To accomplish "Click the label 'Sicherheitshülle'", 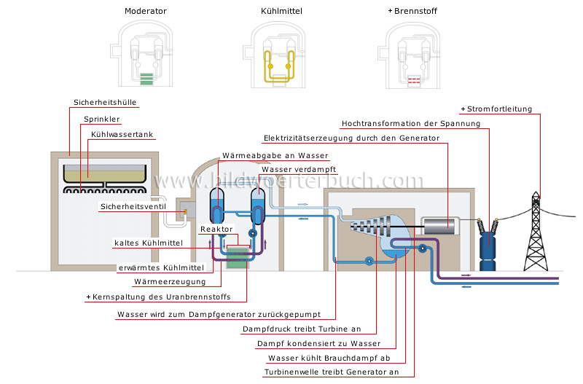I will click(x=106, y=103).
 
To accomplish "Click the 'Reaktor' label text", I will click(x=216, y=229).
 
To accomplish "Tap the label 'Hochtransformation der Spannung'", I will click(x=411, y=123).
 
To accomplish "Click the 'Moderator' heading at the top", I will click(x=146, y=12).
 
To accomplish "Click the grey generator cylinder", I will click(x=439, y=226).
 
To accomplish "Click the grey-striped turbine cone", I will click(x=367, y=225).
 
